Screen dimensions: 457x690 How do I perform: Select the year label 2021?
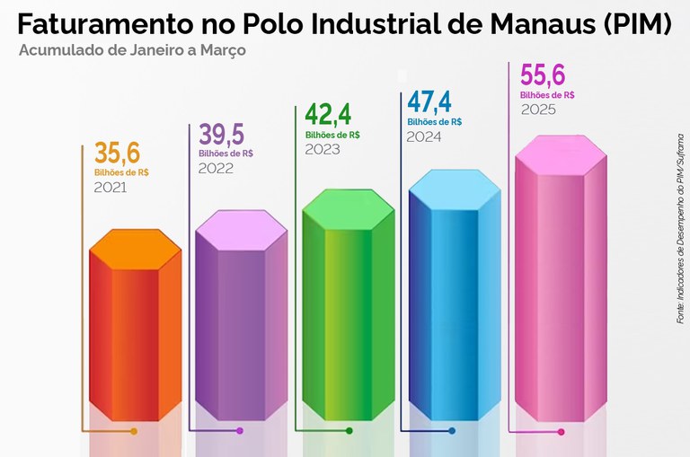click(110, 188)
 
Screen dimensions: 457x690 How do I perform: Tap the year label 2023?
click(323, 150)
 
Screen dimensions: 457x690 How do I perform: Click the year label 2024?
click(425, 137)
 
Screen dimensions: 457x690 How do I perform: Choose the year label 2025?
click(539, 110)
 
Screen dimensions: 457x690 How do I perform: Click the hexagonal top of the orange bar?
click(136, 248)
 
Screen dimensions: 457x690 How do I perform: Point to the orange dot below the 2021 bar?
click(134, 432)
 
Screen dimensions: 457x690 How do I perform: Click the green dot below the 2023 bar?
click(349, 432)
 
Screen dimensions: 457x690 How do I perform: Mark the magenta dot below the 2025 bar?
click(562, 432)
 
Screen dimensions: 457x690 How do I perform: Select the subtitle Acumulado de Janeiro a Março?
click(132, 50)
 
